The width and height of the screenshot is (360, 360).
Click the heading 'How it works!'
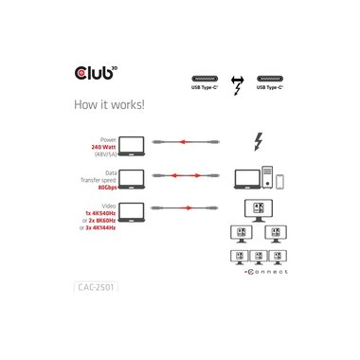pos(108,105)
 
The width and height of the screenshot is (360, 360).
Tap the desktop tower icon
pos(267,176)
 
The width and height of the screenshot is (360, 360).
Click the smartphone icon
pos(280,180)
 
